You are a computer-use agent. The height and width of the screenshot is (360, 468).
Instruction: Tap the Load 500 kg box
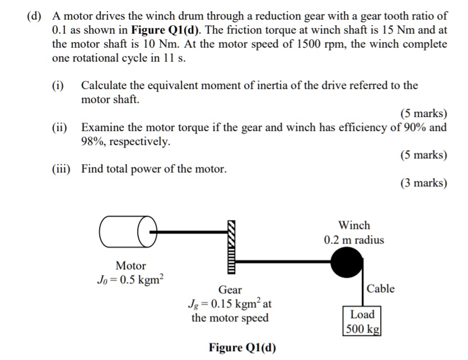(362, 321)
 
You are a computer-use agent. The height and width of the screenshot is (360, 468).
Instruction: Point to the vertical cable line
(364, 291)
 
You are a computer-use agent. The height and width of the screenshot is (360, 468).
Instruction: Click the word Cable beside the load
(381, 289)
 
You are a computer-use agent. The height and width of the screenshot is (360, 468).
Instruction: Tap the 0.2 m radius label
(354, 240)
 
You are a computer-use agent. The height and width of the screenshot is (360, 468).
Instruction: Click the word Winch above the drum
(354, 226)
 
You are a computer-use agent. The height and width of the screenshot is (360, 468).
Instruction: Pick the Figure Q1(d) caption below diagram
(242, 347)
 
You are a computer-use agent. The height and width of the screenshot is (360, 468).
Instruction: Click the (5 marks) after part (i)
(424, 114)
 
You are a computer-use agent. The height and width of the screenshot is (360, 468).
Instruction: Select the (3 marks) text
(424, 183)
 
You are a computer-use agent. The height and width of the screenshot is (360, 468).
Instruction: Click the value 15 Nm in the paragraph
(390, 30)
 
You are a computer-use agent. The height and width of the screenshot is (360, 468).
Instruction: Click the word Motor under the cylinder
(130, 265)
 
